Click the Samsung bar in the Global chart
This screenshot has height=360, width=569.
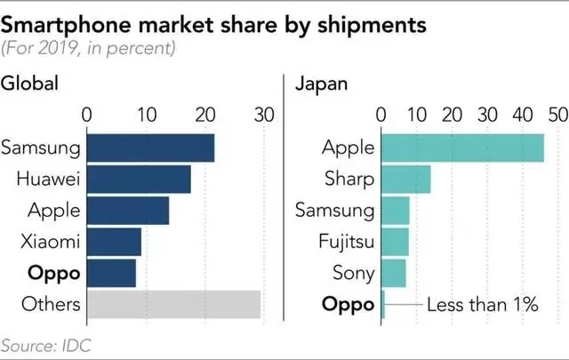[x=150, y=148]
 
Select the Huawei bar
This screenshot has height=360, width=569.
[x=139, y=180]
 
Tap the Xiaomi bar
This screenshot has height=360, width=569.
[x=114, y=242]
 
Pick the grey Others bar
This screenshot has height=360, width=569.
[x=173, y=304]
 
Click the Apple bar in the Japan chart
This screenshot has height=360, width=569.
[x=462, y=148]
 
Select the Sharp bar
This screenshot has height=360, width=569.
[x=405, y=180]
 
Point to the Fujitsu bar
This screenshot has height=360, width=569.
[x=395, y=242]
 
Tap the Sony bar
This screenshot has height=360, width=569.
[x=393, y=273]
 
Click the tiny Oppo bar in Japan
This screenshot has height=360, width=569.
[x=382, y=304]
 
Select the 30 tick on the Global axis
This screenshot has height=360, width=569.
[x=263, y=115]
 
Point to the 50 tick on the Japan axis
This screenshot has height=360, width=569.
[x=557, y=115]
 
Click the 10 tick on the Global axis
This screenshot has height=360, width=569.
[x=146, y=115]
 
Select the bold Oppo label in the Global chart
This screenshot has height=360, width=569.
[x=56, y=273]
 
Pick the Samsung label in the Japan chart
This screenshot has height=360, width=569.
[x=334, y=211]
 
